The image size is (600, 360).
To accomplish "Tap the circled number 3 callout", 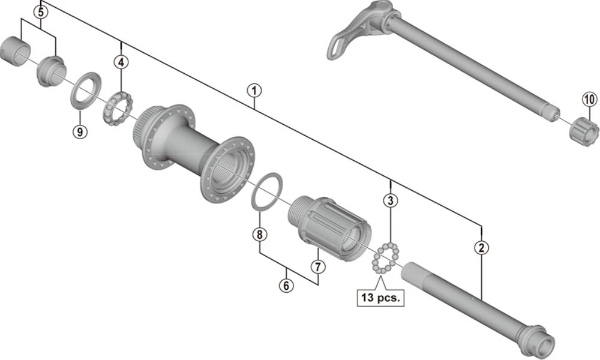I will click(391, 200).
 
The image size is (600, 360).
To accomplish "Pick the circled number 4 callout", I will click(122, 61).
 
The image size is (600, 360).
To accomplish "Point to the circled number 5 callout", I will click(41, 11).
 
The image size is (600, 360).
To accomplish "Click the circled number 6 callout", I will click(287, 286).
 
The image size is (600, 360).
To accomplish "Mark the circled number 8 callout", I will click(259, 235).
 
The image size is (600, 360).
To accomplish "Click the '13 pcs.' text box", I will click(381, 296).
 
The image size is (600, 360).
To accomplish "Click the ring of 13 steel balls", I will click(385, 259).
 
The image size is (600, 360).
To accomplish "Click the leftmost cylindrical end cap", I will click(17, 51).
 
